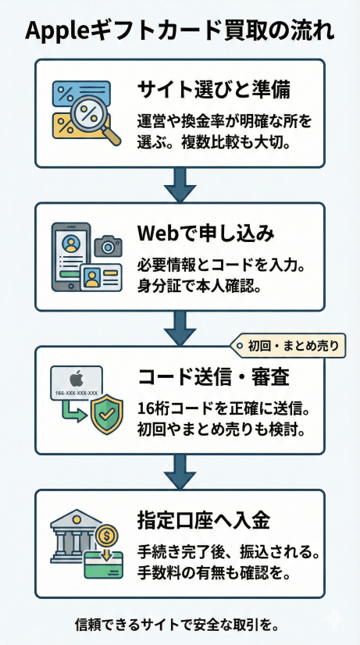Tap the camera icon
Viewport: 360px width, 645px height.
click(108, 247)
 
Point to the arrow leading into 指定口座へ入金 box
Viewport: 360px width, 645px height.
click(180, 472)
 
